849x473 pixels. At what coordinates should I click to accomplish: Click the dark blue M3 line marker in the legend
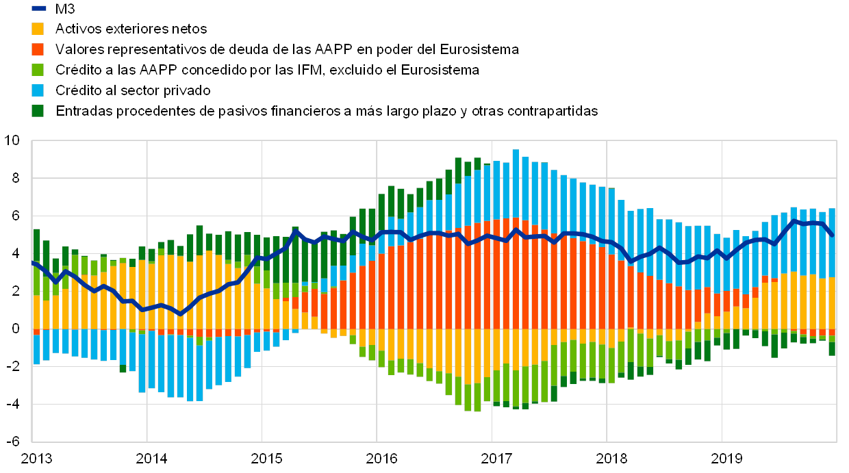[x=38, y=9]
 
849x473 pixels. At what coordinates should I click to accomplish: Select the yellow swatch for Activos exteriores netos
[x=38, y=29]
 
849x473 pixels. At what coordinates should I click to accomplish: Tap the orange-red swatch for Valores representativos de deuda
[x=38, y=49]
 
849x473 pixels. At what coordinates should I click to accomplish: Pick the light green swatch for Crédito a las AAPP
[x=38, y=70]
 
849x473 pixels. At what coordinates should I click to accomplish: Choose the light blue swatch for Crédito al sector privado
[x=38, y=90]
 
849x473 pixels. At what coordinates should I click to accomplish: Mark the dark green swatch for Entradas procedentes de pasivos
[x=38, y=110]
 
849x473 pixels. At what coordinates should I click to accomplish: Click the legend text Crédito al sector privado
[x=133, y=90]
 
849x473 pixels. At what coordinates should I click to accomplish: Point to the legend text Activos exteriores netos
[x=131, y=29]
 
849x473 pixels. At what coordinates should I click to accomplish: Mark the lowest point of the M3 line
[x=180, y=314]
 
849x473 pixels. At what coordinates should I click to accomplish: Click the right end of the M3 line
[x=832, y=235]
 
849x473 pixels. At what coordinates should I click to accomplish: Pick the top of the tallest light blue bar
[x=516, y=150]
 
